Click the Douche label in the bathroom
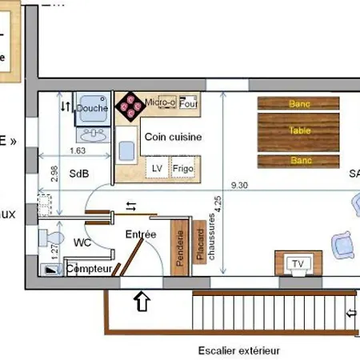(x=92, y=109)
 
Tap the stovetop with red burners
(x=127, y=108)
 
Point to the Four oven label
(x=188, y=103)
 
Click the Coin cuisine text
(x=173, y=137)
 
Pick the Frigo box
(x=182, y=169)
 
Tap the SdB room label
(x=79, y=173)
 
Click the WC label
(x=82, y=242)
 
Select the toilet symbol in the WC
(x=53, y=238)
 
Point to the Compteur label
(x=89, y=270)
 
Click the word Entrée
(x=140, y=234)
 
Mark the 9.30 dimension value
(x=238, y=185)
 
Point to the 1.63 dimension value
(x=78, y=150)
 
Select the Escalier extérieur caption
(x=239, y=350)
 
